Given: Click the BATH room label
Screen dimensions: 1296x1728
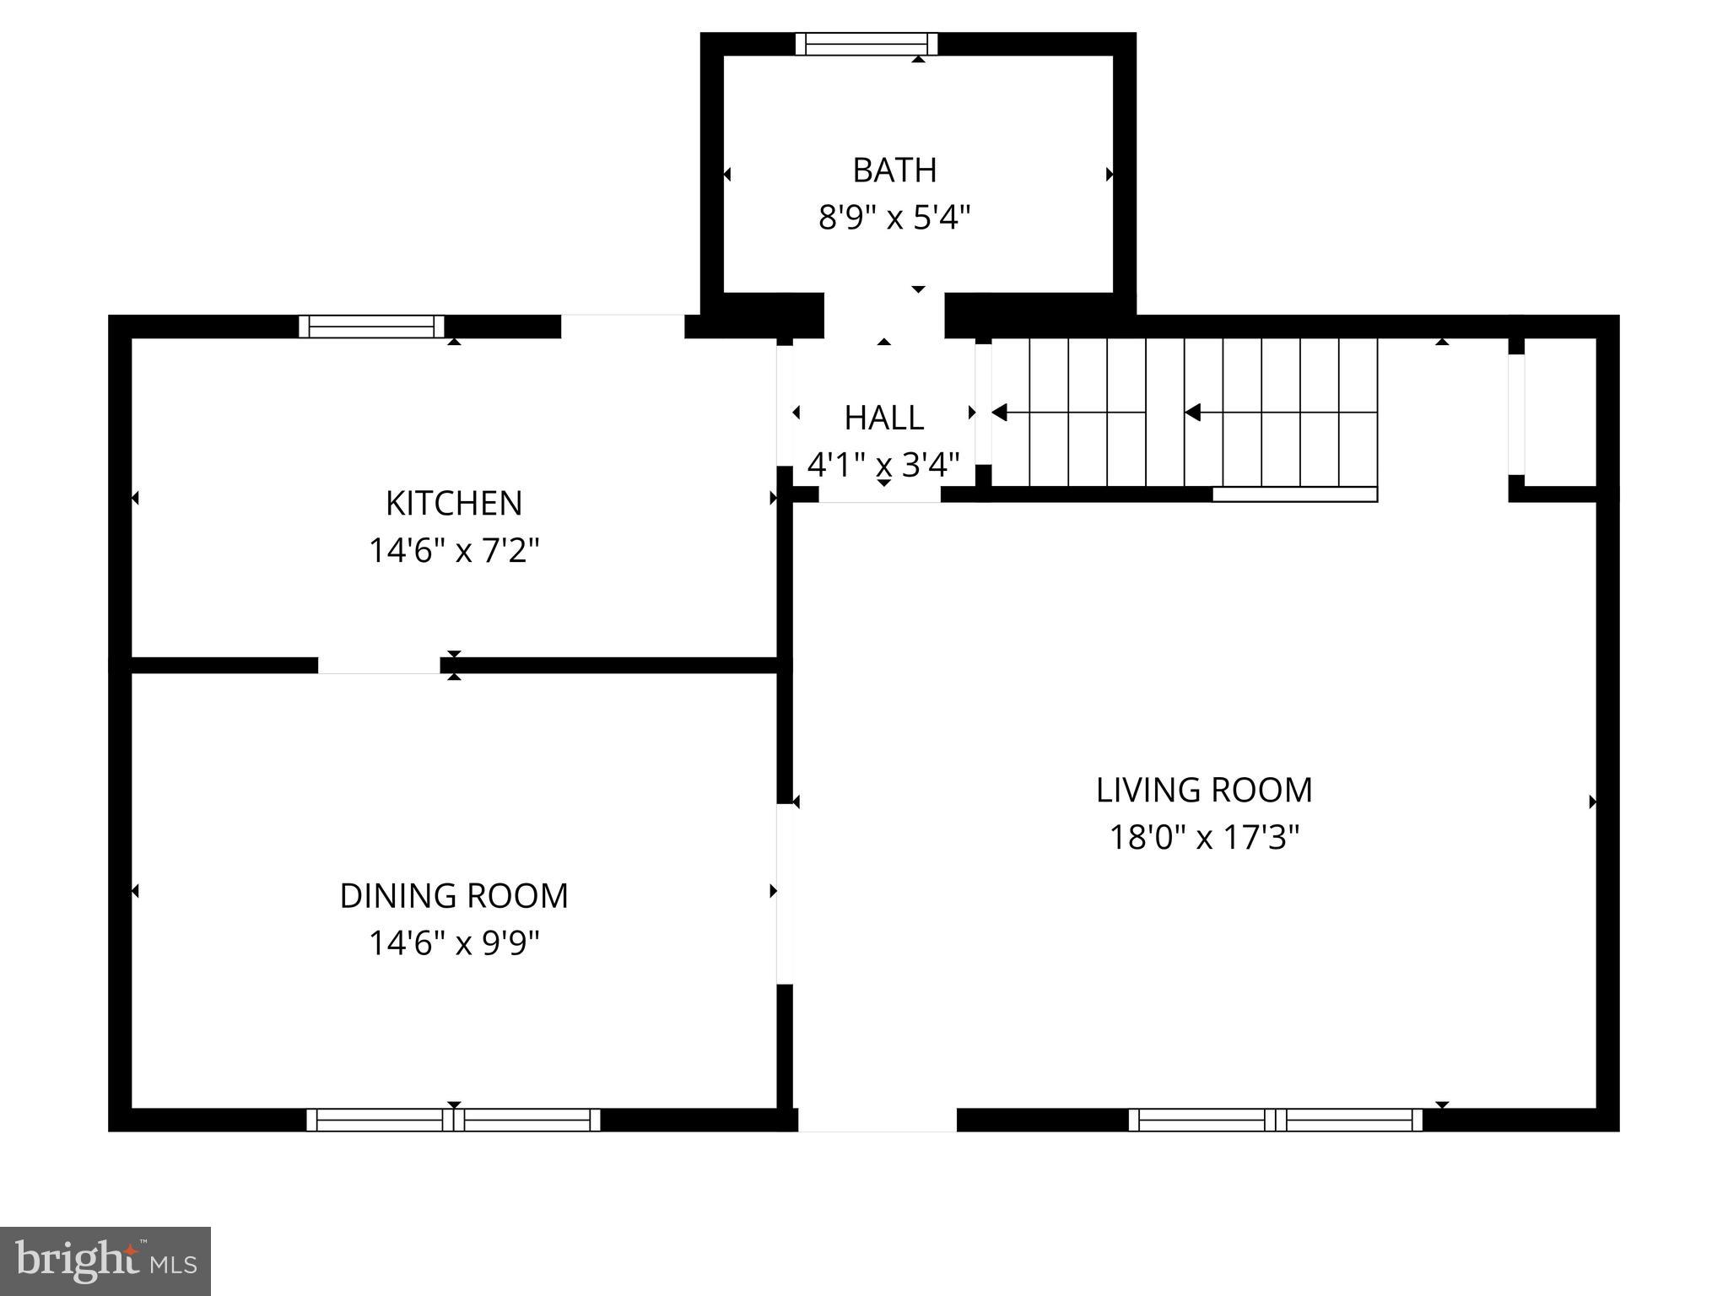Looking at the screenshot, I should coord(894,170).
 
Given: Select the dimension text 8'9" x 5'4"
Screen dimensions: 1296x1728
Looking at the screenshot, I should coord(894,219).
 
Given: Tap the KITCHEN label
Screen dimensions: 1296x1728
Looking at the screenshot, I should coord(454,504).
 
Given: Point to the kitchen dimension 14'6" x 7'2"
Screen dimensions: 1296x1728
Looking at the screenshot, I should coord(454,552).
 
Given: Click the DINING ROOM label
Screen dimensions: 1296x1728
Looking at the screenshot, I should coord(454,896).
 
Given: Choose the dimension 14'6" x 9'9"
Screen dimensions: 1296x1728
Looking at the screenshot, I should coord(454,943).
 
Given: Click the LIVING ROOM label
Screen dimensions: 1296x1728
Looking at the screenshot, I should coord(1204,791).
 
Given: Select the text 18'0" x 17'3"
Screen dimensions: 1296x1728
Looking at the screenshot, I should coord(1204,839).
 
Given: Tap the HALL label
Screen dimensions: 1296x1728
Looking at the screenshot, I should coord(883,418).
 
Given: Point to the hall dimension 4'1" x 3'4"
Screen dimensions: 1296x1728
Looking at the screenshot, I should coord(883,465).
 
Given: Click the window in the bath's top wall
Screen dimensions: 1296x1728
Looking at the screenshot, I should coord(867,44).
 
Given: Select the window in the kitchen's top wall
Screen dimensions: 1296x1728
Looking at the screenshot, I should coord(372,327).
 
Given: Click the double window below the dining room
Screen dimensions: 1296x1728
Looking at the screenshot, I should coord(453,1120).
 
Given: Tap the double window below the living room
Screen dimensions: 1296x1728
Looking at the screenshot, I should coord(1275,1120).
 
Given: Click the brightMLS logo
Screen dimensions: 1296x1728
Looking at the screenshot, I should coord(105,1261).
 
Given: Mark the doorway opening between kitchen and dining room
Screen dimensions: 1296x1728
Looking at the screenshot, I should coord(379,665).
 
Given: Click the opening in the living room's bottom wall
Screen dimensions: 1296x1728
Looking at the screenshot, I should coord(877,1120).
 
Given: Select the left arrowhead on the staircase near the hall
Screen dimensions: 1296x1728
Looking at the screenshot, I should coord(1001,413).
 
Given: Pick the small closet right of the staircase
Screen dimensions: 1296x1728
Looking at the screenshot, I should coord(1561,412).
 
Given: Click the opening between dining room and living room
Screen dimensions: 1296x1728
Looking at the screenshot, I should coord(785,894).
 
